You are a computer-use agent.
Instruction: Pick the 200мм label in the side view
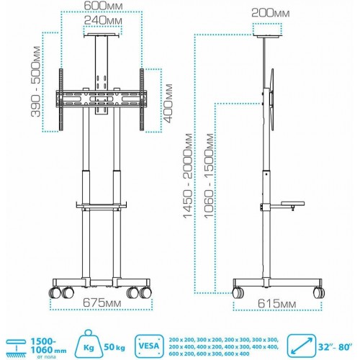[x=271, y=12]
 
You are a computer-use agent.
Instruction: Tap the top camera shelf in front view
[x=102, y=33]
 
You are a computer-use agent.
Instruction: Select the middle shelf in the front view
[x=102, y=207]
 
